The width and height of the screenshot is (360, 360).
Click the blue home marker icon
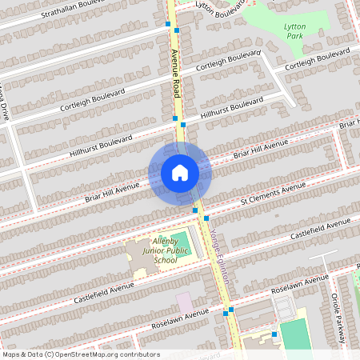click(x=179, y=172)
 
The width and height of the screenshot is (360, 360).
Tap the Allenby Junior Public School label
click(x=160, y=254)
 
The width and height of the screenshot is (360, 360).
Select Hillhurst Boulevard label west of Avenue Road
click(x=101, y=141)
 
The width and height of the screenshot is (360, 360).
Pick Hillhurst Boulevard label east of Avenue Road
click(x=233, y=110)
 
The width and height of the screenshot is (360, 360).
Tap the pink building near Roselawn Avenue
click(x=185, y=303)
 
